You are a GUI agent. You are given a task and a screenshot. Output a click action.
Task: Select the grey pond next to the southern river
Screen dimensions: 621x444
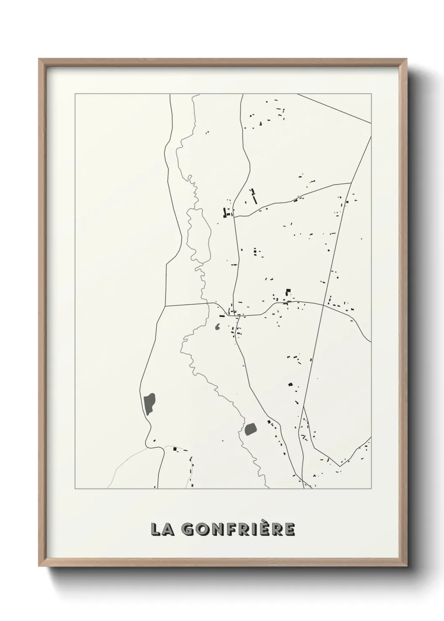pyautogui.click(x=251, y=428)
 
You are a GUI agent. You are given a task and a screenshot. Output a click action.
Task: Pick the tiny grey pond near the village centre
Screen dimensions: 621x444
pyautogui.click(x=217, y=327)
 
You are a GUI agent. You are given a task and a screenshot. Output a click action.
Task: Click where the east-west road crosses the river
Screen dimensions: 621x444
pyautogui.click(x=209, y=303)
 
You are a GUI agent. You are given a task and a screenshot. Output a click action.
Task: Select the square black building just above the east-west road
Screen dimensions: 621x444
pyautogui.click(x=288, y=291)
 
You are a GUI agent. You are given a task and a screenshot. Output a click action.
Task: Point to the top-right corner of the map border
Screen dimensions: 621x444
pyautogui.click(x=371, y=94)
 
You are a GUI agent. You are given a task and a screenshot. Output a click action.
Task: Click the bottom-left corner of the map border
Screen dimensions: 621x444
pyautogui.click(x=75, y=489)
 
